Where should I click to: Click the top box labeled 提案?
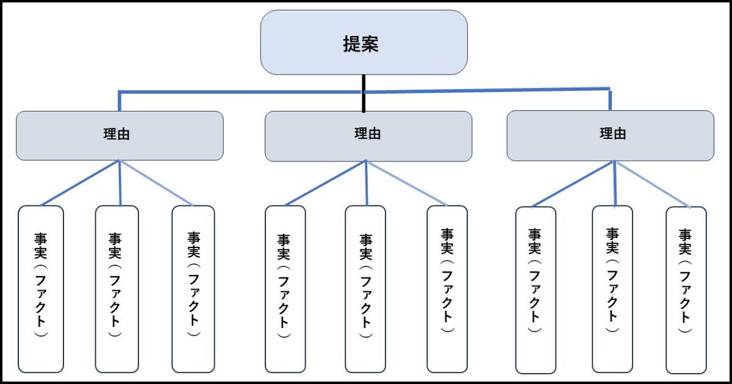coord(364,43)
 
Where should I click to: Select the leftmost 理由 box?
coord(120,135)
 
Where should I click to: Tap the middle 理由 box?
coord(368,135)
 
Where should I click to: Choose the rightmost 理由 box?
coord(610,135)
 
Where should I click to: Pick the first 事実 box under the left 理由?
coord(41,288)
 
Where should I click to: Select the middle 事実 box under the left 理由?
coord(117,288)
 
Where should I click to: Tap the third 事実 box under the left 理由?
coord(193,288)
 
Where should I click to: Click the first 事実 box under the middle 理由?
coord(285,288)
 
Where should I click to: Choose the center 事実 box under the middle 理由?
coord(365,288)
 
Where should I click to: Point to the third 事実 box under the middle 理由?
coord(447,288)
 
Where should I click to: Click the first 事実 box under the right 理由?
coord(536,290)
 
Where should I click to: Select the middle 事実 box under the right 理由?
coord(612,288)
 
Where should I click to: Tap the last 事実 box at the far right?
coord(686,290)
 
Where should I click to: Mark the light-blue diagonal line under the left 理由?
coord(157,183)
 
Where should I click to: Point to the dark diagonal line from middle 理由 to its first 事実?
coord(325,183)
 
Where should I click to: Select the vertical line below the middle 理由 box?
coord(366,183)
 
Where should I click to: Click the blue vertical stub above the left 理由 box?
coord(119,102)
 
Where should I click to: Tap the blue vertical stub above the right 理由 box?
coord(610,99)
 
